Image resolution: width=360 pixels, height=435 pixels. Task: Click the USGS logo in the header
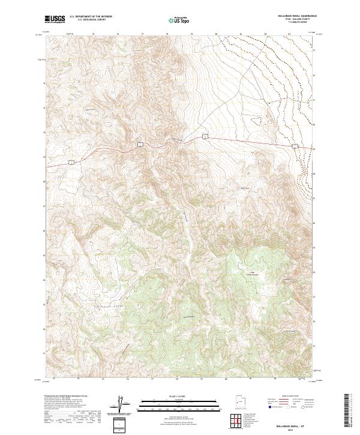coord(55,19)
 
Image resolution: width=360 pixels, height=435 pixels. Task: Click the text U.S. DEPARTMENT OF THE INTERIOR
coord(91,17)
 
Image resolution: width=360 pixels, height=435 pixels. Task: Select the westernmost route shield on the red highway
coord(70,161)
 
